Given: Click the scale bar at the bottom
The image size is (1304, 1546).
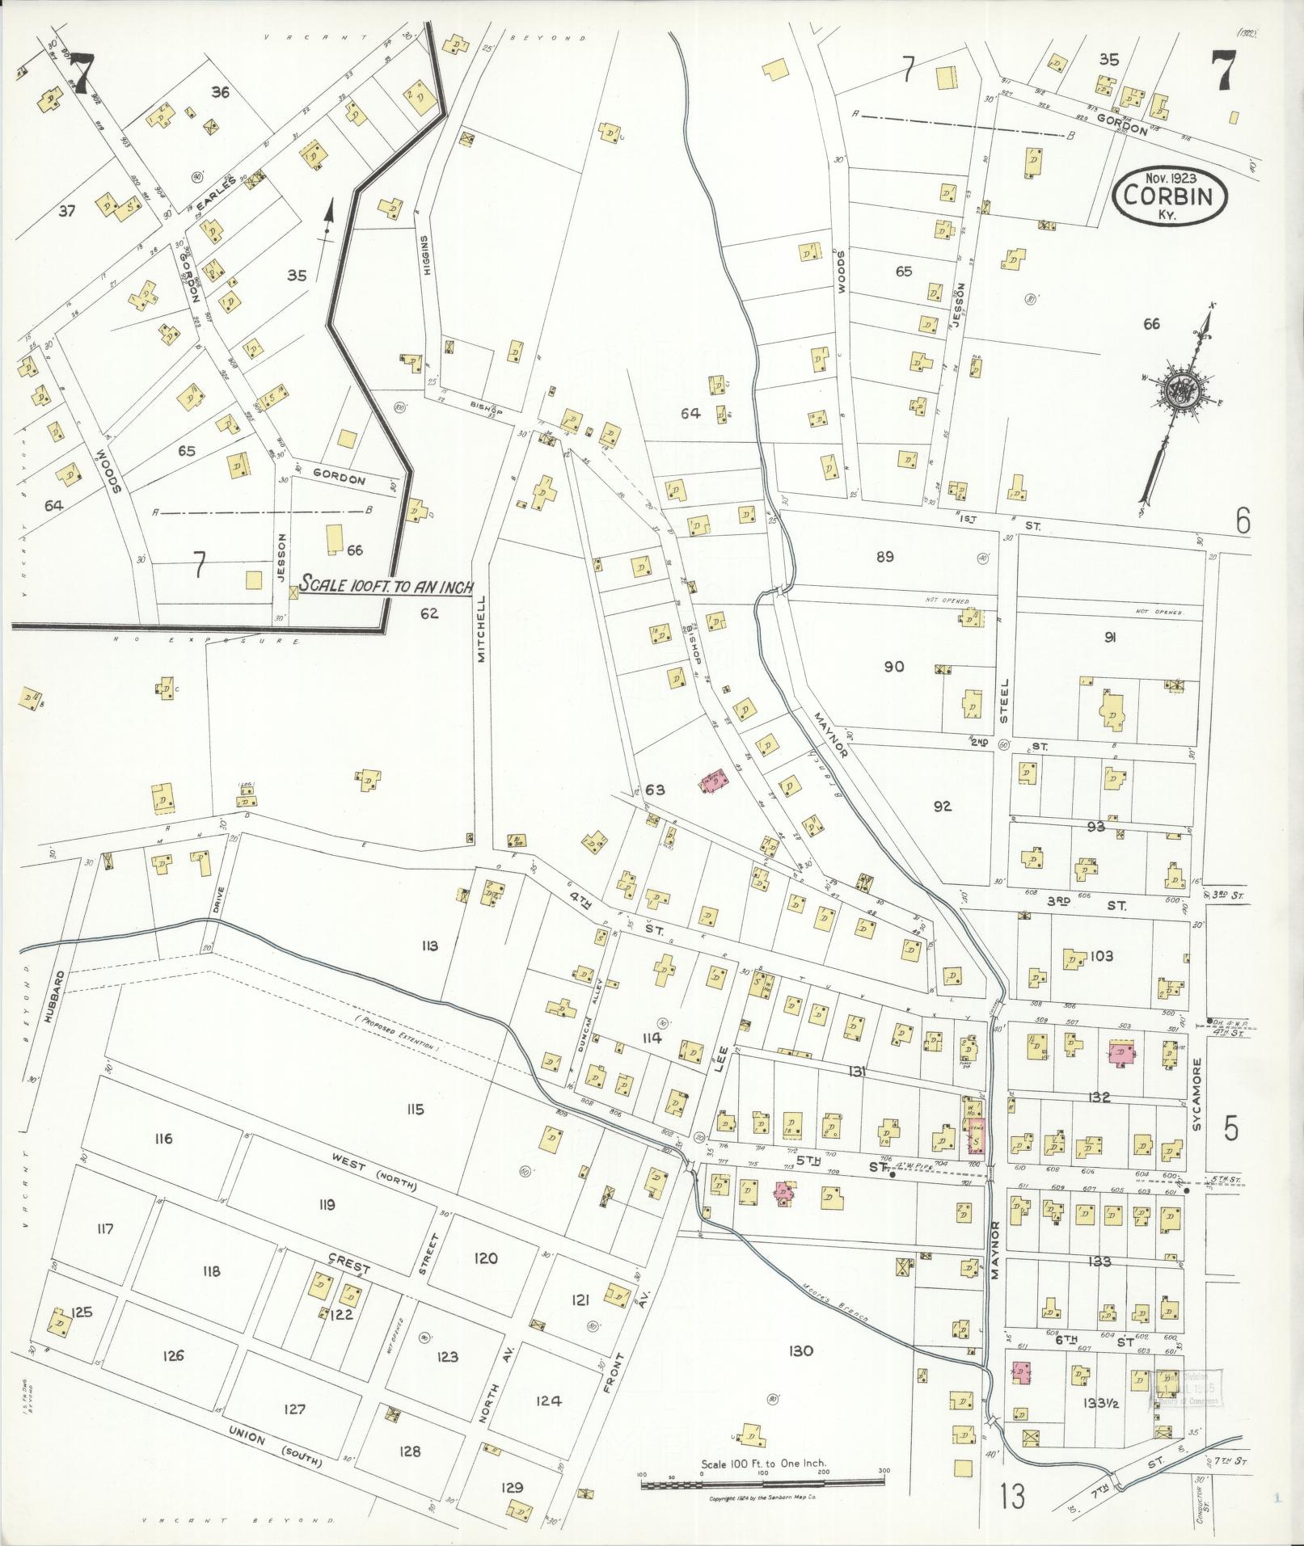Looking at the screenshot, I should [x=763, y=1482].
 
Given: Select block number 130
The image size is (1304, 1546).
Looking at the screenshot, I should [x=799, y=1351].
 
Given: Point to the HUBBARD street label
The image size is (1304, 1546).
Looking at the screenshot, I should [x=55, y=996].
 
